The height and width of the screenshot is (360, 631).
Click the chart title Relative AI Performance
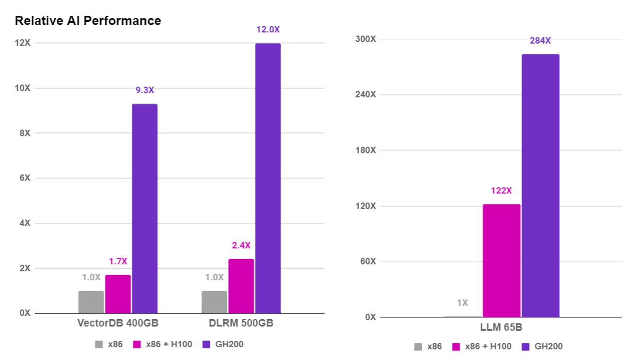pos(88,21)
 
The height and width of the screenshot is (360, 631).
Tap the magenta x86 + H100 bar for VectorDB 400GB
pos(118,294)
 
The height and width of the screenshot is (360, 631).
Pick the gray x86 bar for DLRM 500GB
pos(214,302)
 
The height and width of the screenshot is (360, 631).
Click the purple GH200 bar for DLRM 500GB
pos(268,178)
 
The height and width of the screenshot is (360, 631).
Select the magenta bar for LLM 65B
pos(501,260)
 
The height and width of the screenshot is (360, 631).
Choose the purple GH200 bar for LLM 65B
pos(540,185)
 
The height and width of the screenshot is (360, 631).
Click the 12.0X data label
pos(268,30)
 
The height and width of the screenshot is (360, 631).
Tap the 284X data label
pos(540,41)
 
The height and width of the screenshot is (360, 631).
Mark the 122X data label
pos(501,191)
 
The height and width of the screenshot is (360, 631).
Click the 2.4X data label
pos(241,245)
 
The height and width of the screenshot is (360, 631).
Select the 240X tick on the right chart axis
pos(365,95)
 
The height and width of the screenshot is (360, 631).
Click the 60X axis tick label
pos(367,261)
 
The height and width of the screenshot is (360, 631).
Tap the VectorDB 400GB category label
pos(118,323)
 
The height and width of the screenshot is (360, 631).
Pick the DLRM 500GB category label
pos(241,323)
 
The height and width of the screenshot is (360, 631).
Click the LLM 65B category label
pos(502,327)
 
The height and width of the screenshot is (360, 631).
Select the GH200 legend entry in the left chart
pos(223,344)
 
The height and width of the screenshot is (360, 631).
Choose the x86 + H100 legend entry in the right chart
pos(482,346)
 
